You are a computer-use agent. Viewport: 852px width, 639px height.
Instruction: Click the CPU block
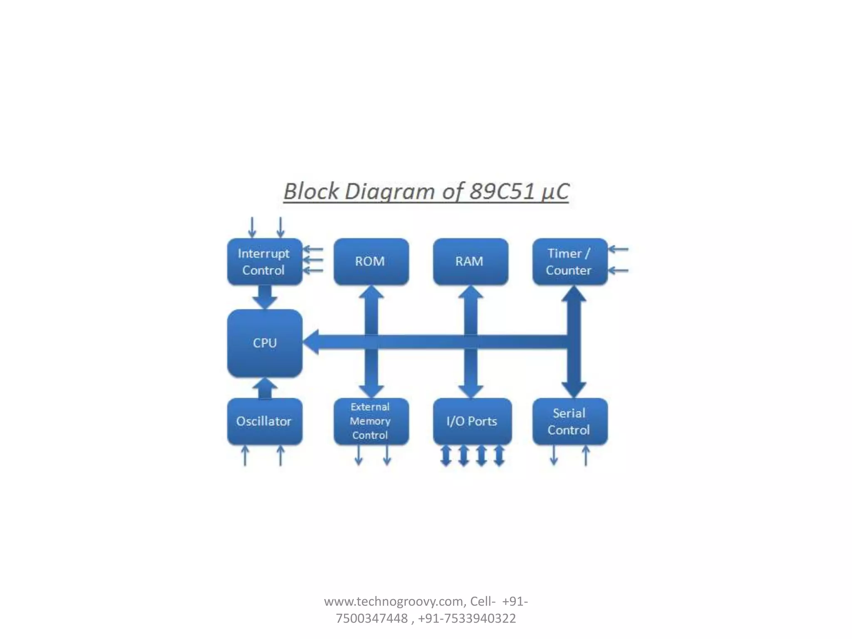point(265,343)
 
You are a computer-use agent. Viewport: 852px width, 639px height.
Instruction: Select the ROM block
point(371,262)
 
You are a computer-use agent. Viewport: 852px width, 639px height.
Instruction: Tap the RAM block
point(470,262)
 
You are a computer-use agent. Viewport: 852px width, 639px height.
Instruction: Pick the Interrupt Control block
point(265,262)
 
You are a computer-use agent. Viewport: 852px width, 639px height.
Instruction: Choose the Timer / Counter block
point(570,262)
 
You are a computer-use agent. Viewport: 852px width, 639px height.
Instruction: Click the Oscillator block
point(265,421)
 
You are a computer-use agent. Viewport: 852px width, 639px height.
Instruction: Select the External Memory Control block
point(371,421)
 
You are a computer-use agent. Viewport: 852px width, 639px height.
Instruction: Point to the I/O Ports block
point(472,421)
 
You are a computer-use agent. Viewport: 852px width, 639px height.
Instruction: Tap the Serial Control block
point(570,421)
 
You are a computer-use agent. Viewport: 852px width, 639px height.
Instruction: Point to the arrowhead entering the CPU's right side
point(311,342)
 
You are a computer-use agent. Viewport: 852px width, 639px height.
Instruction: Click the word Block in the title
point(311,192)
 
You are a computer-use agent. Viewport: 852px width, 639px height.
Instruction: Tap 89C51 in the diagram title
point(501,192)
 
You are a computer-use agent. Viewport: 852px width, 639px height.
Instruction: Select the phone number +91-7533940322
point(467,619)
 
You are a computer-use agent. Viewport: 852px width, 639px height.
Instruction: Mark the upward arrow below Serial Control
point(586,455)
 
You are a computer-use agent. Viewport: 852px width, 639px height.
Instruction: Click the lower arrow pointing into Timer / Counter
point(618,271)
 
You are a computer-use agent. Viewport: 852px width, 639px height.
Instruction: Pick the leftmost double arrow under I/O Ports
point(446,456)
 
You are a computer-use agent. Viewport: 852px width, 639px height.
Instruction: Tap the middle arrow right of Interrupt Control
point(313,260)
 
